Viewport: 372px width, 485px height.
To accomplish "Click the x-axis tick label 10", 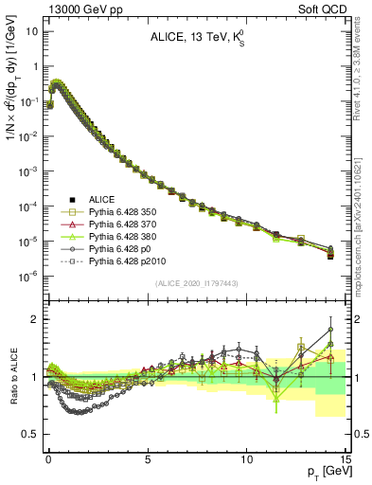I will tap(246, 457).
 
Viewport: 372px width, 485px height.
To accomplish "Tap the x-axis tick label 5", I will tap(148, 457).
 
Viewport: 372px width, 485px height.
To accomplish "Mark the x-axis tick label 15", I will tap(345, 457).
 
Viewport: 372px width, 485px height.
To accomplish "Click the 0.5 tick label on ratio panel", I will tap(31, 434).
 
